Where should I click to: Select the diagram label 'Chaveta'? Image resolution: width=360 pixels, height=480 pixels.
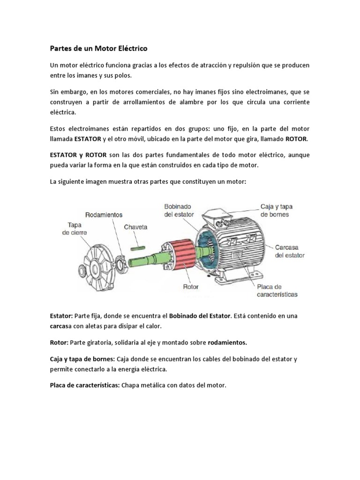135,227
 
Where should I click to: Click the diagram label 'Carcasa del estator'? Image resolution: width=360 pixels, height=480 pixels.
290,251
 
